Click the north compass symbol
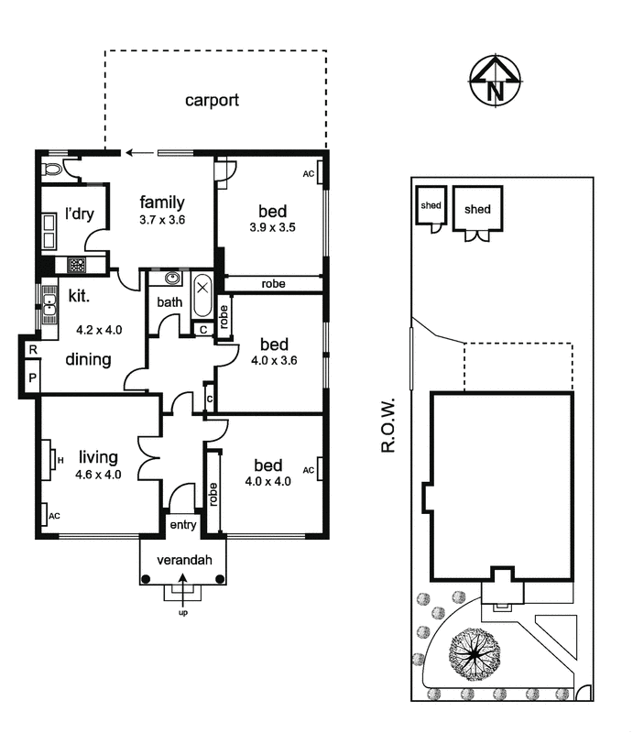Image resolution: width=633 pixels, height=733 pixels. pyautogui.click(x=495, y=82)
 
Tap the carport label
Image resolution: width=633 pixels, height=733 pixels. pyautogui.click(x=212, y=100)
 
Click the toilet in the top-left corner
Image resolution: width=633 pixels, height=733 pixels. pyautogui.click(x=52, y=168)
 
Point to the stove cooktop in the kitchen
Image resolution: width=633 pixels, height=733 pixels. pyautogui.click(x=76, y=266)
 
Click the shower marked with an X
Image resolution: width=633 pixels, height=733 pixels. pyautogui.click(x=202, y=287)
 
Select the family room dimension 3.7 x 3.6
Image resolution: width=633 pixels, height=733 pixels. pyautogui.click(x=162, y=220)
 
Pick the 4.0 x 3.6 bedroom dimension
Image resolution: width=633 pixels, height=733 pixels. pyautogui.click(x=274, y=360)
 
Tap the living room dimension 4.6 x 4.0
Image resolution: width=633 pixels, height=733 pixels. pyautogui.click(x=100, y=475)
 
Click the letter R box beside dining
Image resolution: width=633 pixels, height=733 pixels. pyautogui.click(x=31, y=350)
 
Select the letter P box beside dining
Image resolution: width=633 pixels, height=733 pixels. pyautogui.click(x=31, y=377)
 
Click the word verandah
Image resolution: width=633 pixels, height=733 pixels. pyautogui.click(x=182, y=560)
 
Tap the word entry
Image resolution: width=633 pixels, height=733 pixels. pyautogui.click(x=182, y=525)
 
